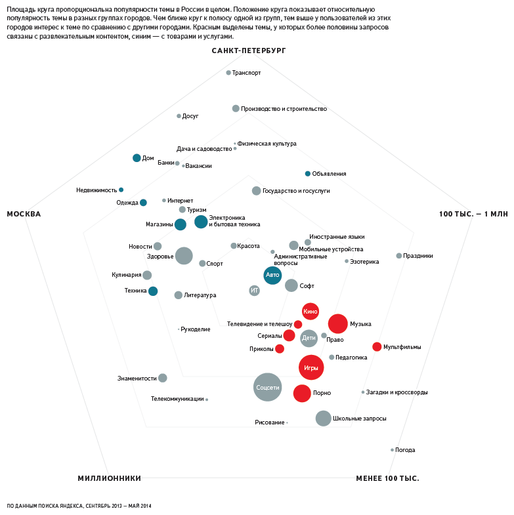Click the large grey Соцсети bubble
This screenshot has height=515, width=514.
[267, 387]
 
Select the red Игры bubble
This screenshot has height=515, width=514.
[311, 367]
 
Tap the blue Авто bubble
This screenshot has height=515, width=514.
[272, 275]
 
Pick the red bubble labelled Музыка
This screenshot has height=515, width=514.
[337, 323]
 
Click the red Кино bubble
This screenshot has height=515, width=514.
[311, 311]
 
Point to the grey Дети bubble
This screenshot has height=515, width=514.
[309, 338]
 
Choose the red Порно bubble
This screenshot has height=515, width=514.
[302, 393]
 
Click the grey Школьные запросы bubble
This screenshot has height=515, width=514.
[323, 418]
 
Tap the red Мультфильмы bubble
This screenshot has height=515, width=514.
[377, 346]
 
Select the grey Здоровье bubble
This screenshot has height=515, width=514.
[184, 256]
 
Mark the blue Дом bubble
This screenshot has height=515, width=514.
[137, 157]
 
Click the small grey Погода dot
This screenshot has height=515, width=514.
[392, 450]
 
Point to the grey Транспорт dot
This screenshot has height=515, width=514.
[228, 73]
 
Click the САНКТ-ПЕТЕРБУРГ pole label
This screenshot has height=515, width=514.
[249, 51]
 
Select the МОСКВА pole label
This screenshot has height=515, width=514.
[24, 214]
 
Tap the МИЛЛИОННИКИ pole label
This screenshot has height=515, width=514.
[109, 478]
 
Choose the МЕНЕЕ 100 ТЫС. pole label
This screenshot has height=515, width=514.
[387, 478]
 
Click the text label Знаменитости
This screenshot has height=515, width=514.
[137, 378]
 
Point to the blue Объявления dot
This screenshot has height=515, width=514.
[307, 174]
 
